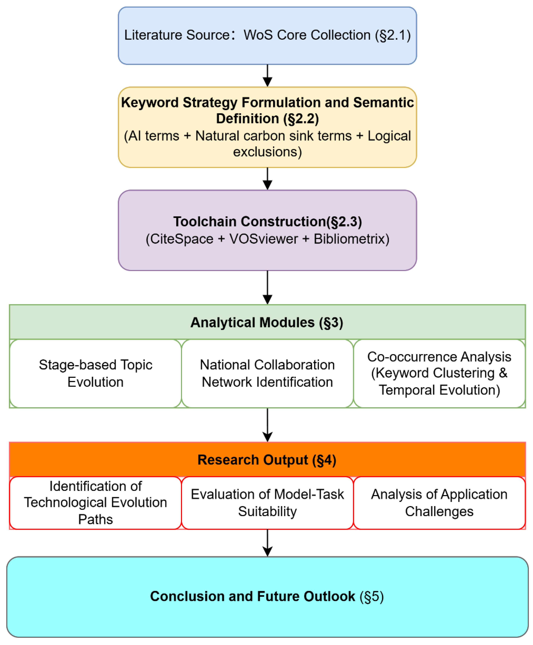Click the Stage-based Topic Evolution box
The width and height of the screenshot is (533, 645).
click(x=95, y=373)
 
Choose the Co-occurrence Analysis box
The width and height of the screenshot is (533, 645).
click(x=439, y=373)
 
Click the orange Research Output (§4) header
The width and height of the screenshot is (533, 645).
click(x=267, y=460)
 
